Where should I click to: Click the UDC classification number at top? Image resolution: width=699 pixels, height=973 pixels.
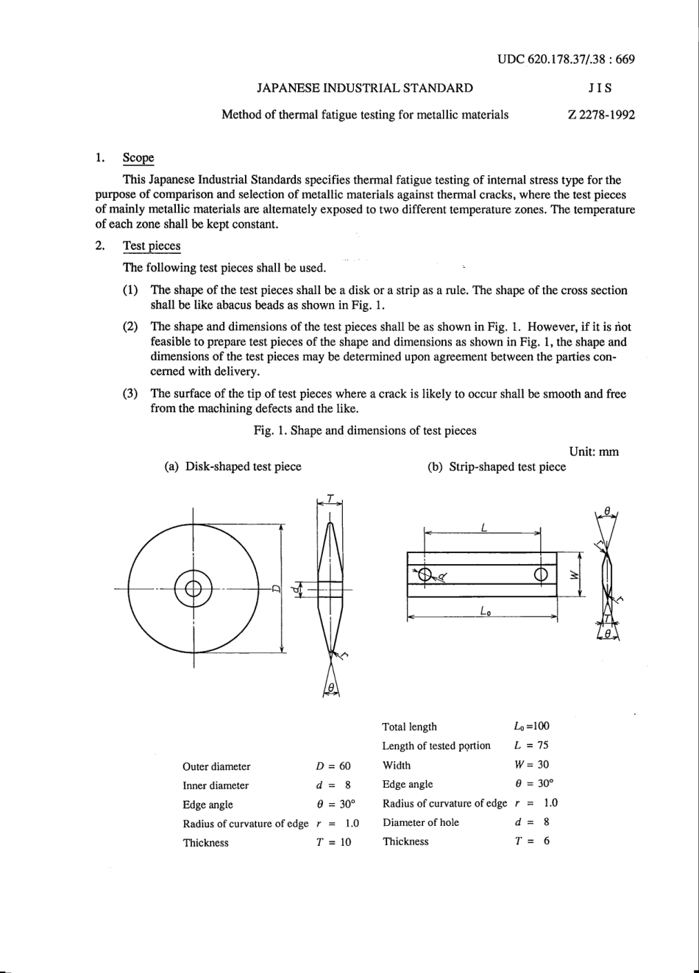[565, 60]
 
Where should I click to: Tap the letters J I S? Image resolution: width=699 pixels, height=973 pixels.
[600, 88]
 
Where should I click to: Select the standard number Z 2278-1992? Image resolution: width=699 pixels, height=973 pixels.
[601, 115]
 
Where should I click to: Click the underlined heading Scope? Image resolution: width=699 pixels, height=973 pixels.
[138, 158]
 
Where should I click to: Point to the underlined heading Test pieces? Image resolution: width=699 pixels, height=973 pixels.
[151, 246]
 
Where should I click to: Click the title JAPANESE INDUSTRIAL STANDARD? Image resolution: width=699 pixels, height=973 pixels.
[364, 88]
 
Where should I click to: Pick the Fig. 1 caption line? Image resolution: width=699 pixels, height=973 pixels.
[365, 430]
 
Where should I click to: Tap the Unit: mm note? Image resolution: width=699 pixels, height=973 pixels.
[594, 452]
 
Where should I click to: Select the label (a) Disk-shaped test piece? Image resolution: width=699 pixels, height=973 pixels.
[233, 466]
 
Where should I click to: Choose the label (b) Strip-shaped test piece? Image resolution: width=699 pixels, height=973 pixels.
[497, 466]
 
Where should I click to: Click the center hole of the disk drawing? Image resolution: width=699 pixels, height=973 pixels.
[194, 588]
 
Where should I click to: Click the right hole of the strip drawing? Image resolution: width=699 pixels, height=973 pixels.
[541, 574]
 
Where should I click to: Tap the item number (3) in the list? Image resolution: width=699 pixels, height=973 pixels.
[130, 393]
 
